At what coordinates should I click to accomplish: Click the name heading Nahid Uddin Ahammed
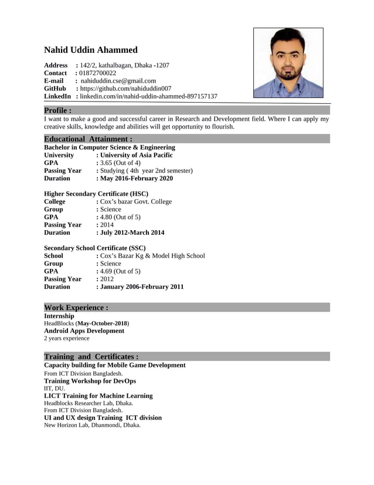point(91,50)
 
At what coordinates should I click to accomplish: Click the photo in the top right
point(288,63)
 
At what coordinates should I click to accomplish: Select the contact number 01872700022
point(97,73)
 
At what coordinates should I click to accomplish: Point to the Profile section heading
point(58,110)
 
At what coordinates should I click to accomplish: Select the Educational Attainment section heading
point(89,139)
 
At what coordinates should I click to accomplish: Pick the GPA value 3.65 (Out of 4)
point(120,163)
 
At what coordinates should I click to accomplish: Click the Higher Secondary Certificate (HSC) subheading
point(96,193)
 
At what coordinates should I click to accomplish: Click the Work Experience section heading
point(76,307)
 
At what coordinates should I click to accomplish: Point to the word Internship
point(59,316)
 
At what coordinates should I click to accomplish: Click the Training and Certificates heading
point(91,356)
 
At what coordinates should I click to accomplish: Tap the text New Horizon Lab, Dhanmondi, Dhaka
point(93,425)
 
